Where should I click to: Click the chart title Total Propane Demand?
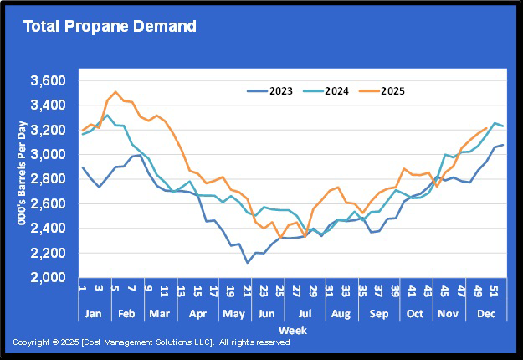(110, 26)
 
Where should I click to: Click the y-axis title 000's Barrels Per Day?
(21, 179)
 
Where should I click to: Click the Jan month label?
(94, 314)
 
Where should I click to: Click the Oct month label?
(416, 314)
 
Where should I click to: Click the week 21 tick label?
(248, 293)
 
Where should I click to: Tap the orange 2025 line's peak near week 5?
(115, 92)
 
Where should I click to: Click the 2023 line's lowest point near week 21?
(247, 262)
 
